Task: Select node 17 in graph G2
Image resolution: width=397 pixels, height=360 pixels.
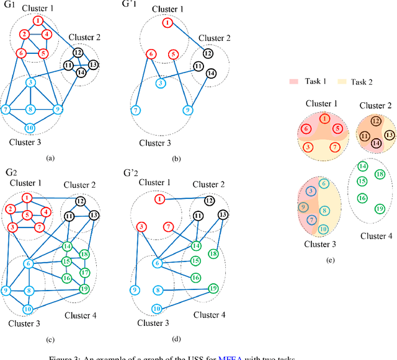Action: pos(85,273)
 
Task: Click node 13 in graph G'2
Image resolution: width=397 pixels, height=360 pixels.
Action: pos(223,215)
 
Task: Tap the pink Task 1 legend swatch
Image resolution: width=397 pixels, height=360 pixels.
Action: pos(293,81)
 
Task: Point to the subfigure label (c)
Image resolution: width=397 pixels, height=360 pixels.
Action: pos(51,340)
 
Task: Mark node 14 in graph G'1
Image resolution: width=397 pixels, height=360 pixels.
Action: pos(212,73)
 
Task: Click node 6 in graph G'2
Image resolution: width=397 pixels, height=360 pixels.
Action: pos(158,263)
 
